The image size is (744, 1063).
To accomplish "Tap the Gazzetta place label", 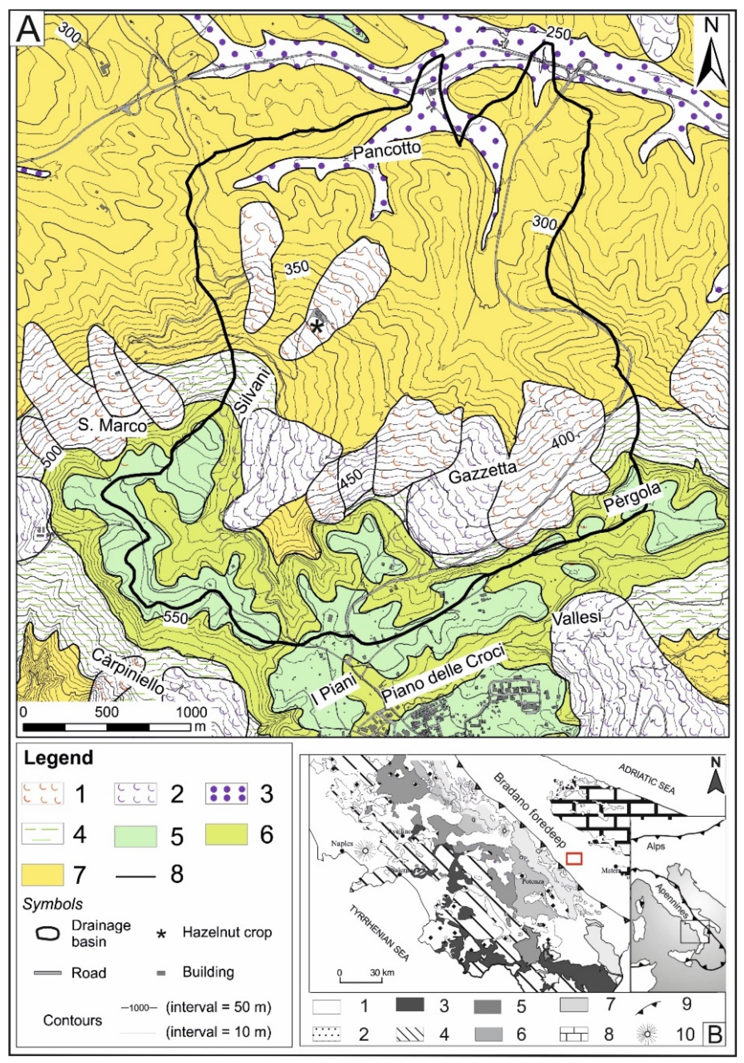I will pos(483,472).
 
